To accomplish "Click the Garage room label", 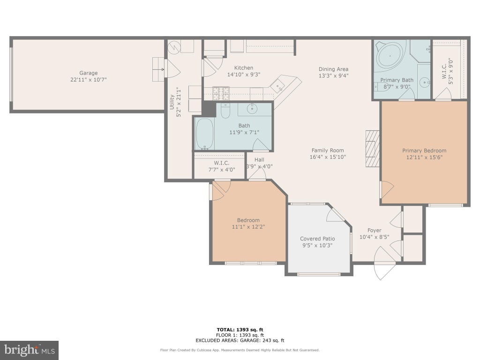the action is (89, 73).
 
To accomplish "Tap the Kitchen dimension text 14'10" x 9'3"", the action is (244, 75).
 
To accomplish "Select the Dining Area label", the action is (333, 69).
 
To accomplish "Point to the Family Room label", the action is (328, 150).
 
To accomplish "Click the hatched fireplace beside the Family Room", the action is (373, 149).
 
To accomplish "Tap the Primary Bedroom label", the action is (424, 150).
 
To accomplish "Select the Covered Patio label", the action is (317, 239).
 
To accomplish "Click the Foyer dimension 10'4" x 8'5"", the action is (375, 237).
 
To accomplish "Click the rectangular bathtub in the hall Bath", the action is (204, 134).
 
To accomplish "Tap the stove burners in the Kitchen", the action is (221, 93).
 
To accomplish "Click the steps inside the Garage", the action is (158, 69).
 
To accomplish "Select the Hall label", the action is (259, 159).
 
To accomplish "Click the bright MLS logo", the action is (30, 350).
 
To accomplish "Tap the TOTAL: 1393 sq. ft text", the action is (240, 330).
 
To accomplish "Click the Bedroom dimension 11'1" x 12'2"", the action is (248, 227).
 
